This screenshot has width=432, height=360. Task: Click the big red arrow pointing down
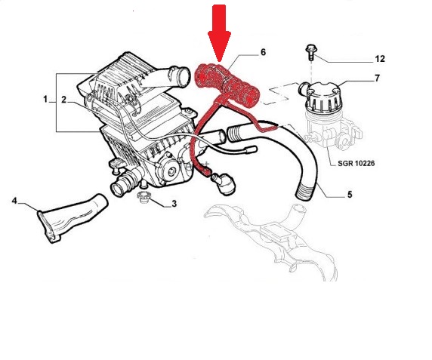(x=219, y=32)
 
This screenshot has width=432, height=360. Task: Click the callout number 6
(x=263, y=52)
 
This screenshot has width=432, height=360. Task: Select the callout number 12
(x=380, y=59)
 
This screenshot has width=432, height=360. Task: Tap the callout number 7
(x=377, y=78)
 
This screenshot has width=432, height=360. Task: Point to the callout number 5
(x=350, y=195)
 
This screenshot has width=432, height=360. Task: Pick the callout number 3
(x=174, y=204)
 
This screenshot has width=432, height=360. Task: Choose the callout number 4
(x=14, y=201)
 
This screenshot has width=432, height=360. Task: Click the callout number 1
(x=45, y=99)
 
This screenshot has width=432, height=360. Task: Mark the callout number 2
(x=63, y=100)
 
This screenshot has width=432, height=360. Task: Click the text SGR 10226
(x=356, y=163)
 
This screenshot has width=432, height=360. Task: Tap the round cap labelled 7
(x=322, y=96)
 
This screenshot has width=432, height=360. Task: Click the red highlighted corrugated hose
(x=227, y=85)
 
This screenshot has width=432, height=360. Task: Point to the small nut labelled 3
(x=143, y=197)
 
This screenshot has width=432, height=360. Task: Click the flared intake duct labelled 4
(x=73, y=218)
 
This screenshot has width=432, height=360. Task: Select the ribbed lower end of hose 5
(x=304, y=192)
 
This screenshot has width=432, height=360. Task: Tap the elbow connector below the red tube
(x=224, y=183)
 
